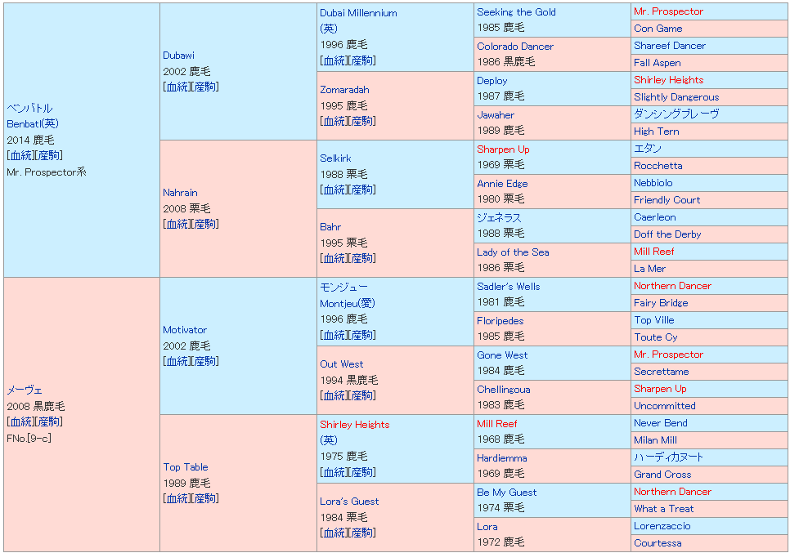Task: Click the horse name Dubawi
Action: pos(178,56)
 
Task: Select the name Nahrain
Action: pos(180,193)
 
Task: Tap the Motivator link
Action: pos(185,330)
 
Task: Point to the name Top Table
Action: pos(186,467)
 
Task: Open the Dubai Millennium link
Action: pos(358,13)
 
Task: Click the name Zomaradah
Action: pos(344,90)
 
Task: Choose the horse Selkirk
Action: pos(335,158)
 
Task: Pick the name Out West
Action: pos(342,364)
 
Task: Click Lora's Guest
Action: pos(349,502)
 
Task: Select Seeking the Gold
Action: pos(516,12)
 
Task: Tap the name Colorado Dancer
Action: pos(515,47)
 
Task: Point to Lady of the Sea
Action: pos(513,252)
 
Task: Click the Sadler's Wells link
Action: pos(508,287)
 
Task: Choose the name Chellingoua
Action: pos(503,390)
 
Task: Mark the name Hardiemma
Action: pos(501,458)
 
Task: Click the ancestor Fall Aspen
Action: pos(657,63)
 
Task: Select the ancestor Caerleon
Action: pos(654,217)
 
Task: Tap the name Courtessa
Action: pos(658,543)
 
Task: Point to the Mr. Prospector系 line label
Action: pos(46,172)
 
